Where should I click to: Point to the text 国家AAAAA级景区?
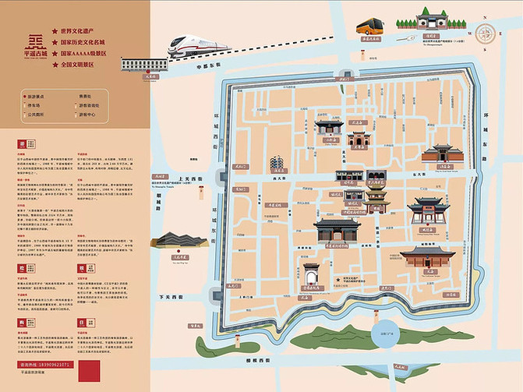(87, 53)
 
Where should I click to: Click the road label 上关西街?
(191, 178)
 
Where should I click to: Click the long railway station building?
(140, 63)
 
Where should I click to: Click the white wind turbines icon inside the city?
(275, 164)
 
